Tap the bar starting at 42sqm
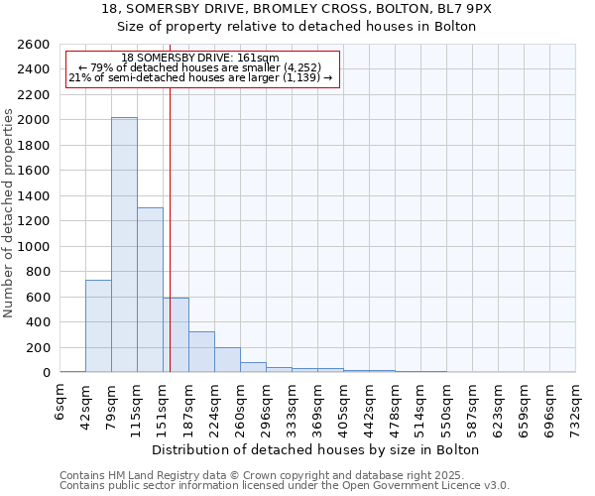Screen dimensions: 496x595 click(x=98, y=326)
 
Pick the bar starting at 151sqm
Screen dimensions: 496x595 click(x=176, y=335)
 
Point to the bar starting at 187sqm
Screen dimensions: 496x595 click(x=201, y=352)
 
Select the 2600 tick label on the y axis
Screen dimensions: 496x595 click(x=36, y=45)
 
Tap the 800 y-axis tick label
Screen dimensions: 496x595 click(x=40, y=272)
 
